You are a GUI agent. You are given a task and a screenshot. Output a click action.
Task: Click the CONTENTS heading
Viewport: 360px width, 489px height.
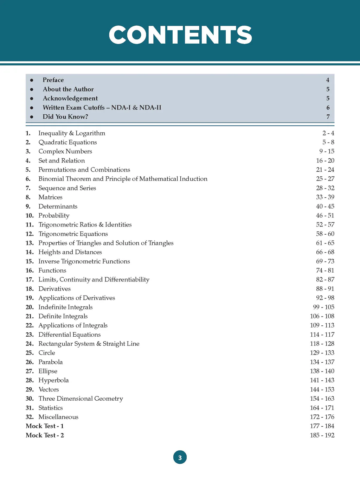click(180, 35)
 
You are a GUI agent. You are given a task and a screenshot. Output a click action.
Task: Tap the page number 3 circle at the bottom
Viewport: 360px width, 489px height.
click(180, 457)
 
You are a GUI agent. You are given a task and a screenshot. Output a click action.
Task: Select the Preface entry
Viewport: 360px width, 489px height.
click(53, 80)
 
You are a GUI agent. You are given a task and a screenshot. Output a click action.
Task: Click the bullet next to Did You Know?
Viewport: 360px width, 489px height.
click(32, 117)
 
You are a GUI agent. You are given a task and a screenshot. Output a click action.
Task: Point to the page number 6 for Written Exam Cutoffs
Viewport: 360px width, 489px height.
click(328, 108)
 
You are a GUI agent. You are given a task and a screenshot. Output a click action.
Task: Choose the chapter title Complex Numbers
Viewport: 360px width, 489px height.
click(65, 151)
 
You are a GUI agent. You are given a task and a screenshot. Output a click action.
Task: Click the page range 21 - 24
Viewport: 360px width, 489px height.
click(325, 170)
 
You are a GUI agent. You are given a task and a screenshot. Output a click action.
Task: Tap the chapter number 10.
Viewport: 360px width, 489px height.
click(30, 215)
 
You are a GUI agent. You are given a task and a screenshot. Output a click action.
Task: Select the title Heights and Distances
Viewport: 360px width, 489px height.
click(70, 252)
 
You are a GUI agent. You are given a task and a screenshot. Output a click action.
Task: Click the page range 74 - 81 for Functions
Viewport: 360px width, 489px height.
click(325, 270)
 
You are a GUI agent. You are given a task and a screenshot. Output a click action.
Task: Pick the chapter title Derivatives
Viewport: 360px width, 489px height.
click(54, 288)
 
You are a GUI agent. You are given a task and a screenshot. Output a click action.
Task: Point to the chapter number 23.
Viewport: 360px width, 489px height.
click(30, 335)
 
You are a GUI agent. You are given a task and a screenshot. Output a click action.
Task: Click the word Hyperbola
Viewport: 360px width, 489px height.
click(53, 380)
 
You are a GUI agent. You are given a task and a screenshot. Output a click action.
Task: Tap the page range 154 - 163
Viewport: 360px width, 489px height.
click(322, 399)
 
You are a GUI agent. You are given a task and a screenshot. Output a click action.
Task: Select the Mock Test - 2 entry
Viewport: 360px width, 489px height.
click(45, 435)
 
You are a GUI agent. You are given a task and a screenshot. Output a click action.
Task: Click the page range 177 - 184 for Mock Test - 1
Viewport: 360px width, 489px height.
click(322, 426)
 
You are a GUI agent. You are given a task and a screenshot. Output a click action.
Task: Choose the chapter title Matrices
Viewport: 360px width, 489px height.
click(50, 197)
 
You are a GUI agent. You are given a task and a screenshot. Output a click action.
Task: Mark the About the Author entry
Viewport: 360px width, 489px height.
click(68, 89)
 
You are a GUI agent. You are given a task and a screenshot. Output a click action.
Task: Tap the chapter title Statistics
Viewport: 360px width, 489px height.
click(51, 408)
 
